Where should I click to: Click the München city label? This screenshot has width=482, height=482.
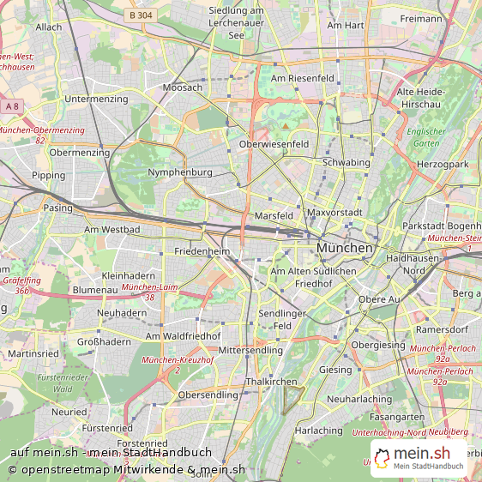(x=345, y=248)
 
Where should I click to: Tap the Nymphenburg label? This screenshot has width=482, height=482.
(x=180, y=172)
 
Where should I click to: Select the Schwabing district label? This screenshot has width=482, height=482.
(x=346, y=162)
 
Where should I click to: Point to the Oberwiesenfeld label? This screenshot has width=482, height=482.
(x=274, y=145)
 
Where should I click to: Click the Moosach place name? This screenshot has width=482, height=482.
(x=183, y=88)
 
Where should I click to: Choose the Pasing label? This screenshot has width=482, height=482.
(x=58, y=208)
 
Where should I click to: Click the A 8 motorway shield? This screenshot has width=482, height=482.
(x=11, y=105)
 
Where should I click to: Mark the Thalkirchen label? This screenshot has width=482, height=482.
(x=271, y=382)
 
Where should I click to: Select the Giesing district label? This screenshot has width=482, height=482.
(x=335, y=371)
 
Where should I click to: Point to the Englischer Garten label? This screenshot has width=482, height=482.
(x=426, y=137)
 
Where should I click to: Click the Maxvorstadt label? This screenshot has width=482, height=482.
(x=336, y=212)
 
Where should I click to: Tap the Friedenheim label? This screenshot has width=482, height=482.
(x=202, y=252)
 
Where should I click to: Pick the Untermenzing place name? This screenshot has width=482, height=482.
(x=95, y=99)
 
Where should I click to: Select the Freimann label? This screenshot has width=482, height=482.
(x=421, y=18)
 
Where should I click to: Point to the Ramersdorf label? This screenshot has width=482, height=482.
(x=441, y=329)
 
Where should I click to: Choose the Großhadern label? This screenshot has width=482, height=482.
(x=104, y=341)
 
